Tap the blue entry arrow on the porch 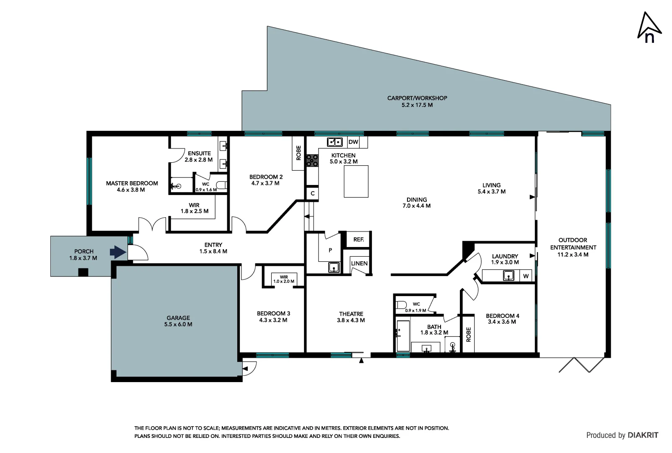pyautogui.click(x=118, y=252)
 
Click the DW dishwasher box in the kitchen pyautogui.click(x=353, y=142)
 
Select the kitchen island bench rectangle pyautogui.click(x=356, y=181)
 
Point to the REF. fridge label pyautogui.click(x=358, y=240)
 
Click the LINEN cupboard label pyautogui.click(x=359, y=263)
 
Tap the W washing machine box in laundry pyautogui.click(x=526, y=276)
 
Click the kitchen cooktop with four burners pyautogui.click(x=312, y=161)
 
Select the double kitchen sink pyautogui.click(x=335, y=142)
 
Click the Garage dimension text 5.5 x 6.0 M pyautogui.click(x=178, y=324)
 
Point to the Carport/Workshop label pyautogui.click(x=417, y=98)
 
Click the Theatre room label pyautogui.click(x=351, y=314)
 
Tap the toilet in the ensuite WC pyautogui.click(x=221, y=185)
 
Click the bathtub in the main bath pyautogui.click(x=403, y=336)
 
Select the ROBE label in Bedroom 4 pyautogui.click(x=468, y=334)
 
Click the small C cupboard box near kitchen pyautogui.click(x=312, y=193)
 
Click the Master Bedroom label pyautogui.click(x=132, y=183)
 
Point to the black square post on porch pyautogui.click(x=83, y=272)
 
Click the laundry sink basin pyautogui.click(x=509, y=276)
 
